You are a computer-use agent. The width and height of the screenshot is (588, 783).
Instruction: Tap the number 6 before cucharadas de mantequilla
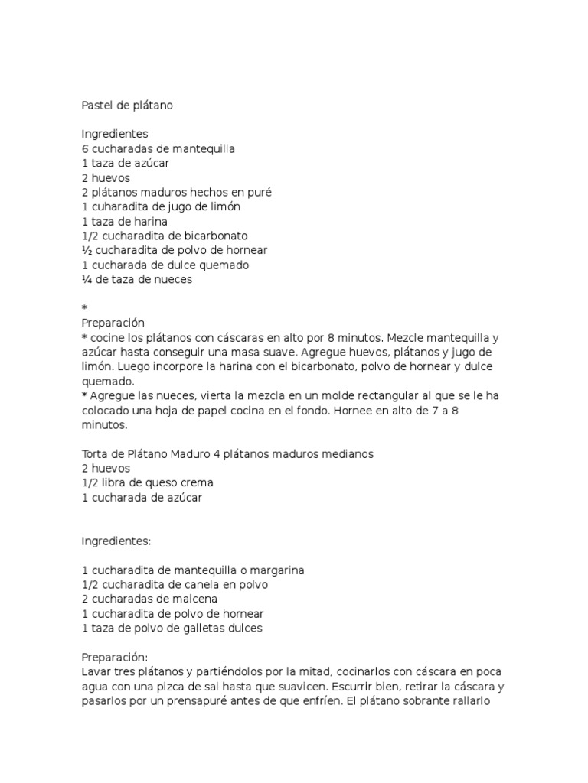pos(85,148)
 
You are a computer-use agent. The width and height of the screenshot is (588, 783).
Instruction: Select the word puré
pos(259,192)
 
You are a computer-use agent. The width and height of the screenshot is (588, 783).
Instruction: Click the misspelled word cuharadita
pos(119,206)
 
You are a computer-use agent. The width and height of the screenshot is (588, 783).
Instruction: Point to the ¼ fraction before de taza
pos(86,279)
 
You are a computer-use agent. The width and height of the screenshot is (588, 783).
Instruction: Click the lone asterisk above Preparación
pos(84,308)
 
